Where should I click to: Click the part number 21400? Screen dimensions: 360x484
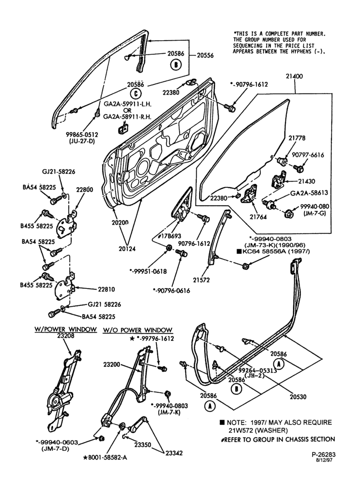(x=294, y=76)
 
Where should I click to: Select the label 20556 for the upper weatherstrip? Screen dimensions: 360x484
(x=205, y=56)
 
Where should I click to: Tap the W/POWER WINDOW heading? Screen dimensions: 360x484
(x=65, y=329)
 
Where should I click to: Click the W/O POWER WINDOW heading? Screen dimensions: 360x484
(x=137, y=330)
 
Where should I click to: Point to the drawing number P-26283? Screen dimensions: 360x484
(x=323, y=454)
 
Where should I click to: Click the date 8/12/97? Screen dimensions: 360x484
(x=327, y=460)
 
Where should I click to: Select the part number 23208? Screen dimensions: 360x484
(x=65, y=336)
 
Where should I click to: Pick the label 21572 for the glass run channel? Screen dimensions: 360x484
(x=201, y=280)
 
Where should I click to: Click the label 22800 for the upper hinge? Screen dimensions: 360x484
(x=84, y=190)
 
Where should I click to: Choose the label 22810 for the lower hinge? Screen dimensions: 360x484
(x=106, y=289)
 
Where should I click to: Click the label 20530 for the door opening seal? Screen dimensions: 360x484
(x=298, y=397)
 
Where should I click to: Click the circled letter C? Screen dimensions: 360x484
(x=135, y=94)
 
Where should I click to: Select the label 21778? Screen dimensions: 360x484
(x=297, y=138)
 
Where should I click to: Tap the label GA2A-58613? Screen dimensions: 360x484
(x=309, y=193)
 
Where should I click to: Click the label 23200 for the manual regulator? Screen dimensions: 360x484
(x=112, y=364)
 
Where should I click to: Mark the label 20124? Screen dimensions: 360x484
(x=127, y=249)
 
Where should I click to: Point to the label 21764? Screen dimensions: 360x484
(x=258, y=217)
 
